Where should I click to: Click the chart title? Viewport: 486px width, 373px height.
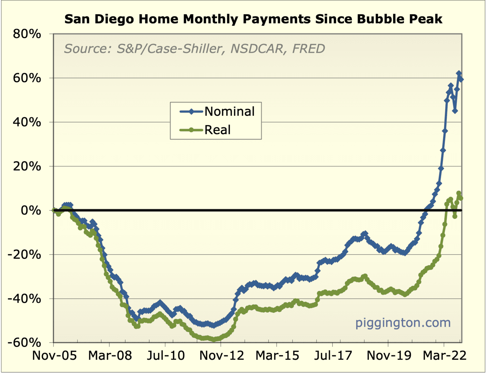(253, 19)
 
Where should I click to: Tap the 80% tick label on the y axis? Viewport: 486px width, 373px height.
(27, 34)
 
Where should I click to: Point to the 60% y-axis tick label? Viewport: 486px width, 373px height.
(27, 78)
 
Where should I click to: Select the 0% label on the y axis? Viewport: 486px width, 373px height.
(31, 210)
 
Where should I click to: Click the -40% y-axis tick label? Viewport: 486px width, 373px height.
(24, 299)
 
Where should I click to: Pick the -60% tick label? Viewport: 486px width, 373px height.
(24, 343)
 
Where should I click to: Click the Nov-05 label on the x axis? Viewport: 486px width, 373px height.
(54, 355)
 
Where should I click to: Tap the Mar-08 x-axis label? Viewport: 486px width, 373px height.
(110, 355)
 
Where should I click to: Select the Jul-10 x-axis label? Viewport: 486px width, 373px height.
(166, 355)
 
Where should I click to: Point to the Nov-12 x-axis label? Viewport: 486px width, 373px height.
(222, 355)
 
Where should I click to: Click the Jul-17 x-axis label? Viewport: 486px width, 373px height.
(333, 355)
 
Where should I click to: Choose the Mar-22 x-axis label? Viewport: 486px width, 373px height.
(445, 355)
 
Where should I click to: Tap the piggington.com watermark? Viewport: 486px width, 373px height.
(403, 323)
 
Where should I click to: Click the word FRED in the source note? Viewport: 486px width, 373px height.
(308, 49)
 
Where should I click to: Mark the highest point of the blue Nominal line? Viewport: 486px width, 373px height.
(459, 74)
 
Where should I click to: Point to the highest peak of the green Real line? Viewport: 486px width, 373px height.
(459, 193)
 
